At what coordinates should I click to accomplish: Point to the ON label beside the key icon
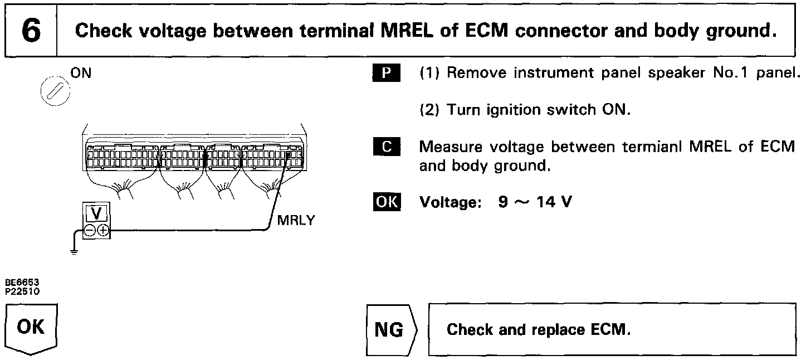pos(81,73)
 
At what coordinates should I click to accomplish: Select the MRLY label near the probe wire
pos(296,220)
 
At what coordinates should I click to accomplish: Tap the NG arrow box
pos(391,330)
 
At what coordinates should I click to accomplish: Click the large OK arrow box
pos(32,328)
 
